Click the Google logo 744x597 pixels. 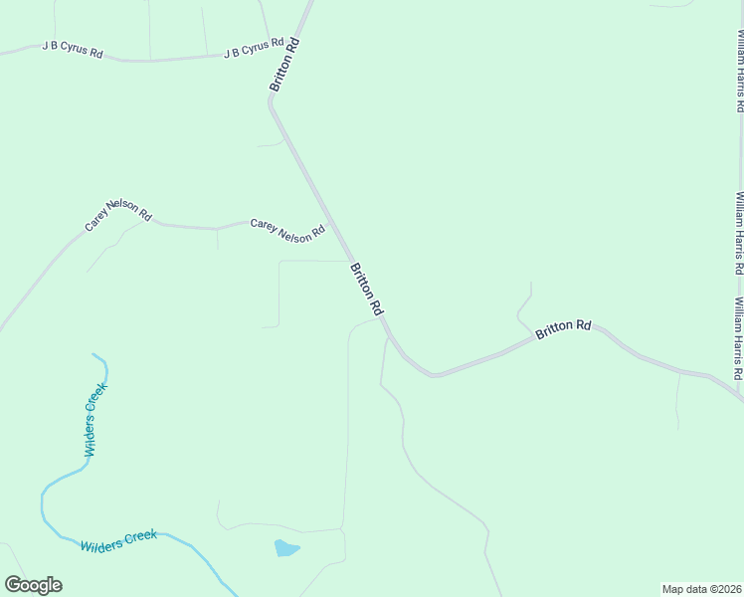[33, 585]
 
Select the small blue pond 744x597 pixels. [285, 548]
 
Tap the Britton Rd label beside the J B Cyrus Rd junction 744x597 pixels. [284, 67]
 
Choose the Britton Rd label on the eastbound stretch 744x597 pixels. [563, 329]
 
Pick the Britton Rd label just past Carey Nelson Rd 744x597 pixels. [366, 290]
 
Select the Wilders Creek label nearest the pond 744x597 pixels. [118, 541]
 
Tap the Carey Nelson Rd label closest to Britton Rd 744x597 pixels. [287, 230]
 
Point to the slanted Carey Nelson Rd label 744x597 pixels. [117, 220]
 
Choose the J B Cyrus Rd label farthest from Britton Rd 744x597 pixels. [73, 50]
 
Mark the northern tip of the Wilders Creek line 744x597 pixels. [93, 354]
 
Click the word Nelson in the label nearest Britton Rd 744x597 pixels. [295, 232]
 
